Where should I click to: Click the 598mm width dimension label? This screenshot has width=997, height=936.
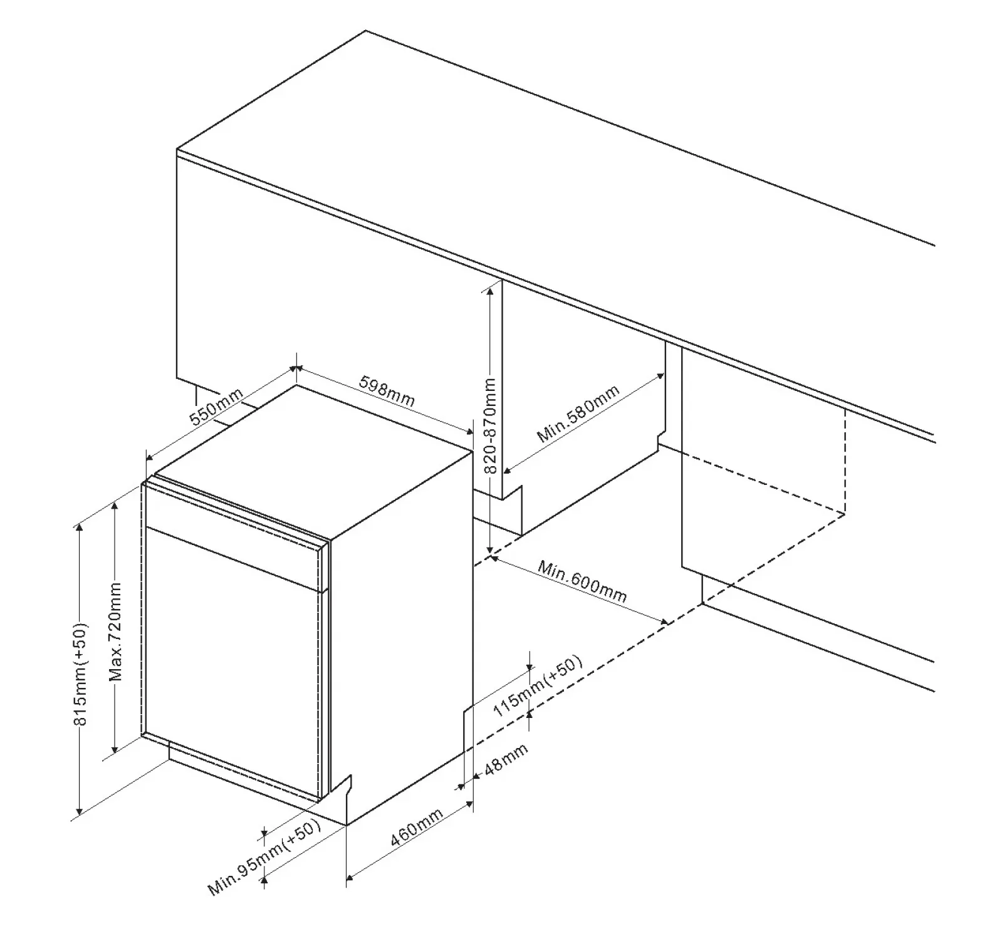pos(387,390)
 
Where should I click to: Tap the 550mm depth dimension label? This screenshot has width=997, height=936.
pos(217,407)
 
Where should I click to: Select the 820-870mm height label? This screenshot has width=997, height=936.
pos(490,425)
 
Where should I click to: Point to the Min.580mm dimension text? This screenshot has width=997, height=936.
pos(578,414)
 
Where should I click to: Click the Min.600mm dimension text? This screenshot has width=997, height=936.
pos(582,581)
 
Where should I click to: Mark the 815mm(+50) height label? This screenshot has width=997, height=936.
pos(81,674)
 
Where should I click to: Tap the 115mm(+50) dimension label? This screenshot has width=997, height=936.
pos(538,686)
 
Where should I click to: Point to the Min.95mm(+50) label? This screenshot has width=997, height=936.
pos(264,858)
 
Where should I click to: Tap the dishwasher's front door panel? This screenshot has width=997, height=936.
pos(232,664)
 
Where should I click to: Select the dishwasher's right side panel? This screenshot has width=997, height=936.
pos(401,633)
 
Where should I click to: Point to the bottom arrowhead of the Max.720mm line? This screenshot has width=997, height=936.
pos(115,747)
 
